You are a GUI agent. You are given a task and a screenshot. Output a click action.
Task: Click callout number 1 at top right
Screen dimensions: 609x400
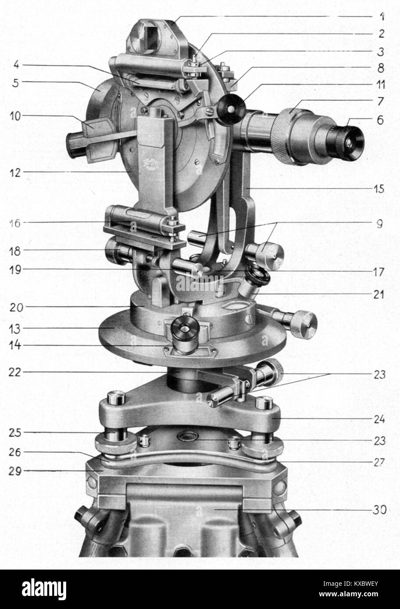click(382, 17)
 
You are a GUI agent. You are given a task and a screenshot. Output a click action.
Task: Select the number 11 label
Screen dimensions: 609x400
click(379, 85)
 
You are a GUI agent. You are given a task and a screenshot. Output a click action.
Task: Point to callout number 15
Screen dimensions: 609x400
click(379, 189)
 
